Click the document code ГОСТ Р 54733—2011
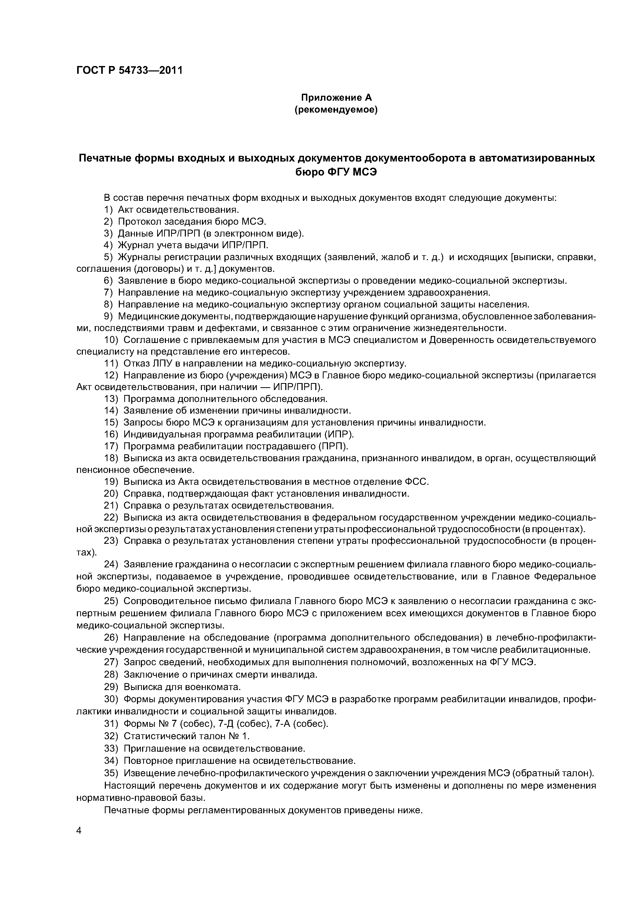(129, 70)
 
